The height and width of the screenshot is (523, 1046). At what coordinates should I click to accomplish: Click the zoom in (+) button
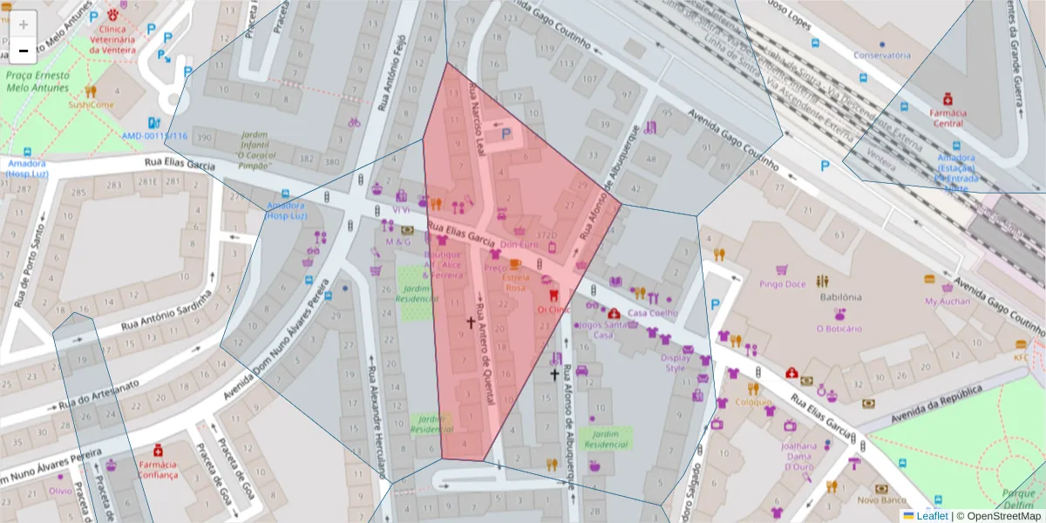[24, 24]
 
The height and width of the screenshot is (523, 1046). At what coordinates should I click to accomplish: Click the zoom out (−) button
[24, 51]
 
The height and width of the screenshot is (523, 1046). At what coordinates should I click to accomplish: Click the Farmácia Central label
[948, 118]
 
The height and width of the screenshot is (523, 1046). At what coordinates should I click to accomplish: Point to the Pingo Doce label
[782, 283]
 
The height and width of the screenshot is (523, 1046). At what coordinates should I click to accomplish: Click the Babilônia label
[839, 296]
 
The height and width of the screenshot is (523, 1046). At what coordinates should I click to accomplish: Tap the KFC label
[1020, 357]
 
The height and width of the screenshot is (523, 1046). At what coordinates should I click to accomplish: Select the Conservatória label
[881, 55]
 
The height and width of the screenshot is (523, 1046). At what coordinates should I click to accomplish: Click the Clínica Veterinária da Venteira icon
[112, 15]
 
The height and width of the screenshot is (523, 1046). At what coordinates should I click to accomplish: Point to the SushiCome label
[92, 105]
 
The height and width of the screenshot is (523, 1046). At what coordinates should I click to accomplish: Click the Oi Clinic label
[554, 309]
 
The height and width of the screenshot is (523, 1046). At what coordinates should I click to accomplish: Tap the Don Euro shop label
[519, 245]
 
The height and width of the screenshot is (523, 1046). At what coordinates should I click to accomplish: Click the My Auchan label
[947, 301]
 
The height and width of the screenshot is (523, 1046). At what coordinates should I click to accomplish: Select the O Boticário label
[839, 329]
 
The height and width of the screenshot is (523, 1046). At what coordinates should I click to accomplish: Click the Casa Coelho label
[652, 313]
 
